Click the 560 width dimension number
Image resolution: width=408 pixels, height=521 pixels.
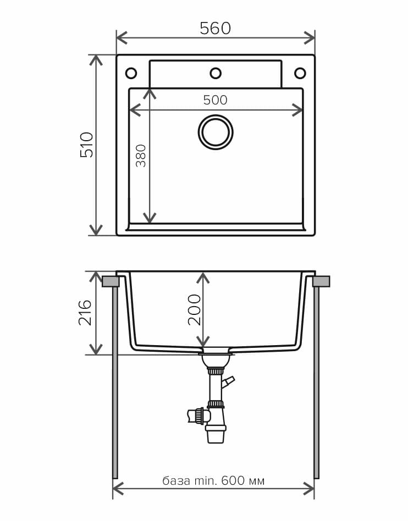click(215, 29)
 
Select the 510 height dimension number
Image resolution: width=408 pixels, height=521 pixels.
click(87, 145)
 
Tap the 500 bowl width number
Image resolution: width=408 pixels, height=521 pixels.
click(215, 100)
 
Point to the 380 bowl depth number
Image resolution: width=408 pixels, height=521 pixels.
click(141, 156)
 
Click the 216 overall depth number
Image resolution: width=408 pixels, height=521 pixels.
click(85, 312)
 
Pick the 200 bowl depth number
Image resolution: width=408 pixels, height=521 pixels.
click(195, 309)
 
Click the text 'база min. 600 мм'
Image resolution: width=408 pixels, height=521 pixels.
click(213, 481)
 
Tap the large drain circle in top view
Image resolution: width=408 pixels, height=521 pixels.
click(216, 132)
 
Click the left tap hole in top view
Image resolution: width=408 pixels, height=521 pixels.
click(131, 73)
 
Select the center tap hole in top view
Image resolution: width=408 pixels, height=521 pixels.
click(216, 73)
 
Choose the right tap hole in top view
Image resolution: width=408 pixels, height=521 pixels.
click(300, 73)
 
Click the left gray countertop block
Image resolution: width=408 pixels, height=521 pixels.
click(111, 281)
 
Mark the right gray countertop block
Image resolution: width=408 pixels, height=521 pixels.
click(321, 281)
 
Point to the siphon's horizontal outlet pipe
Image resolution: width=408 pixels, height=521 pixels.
click(195, 415)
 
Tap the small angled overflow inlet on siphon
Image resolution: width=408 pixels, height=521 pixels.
click(228, 381)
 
